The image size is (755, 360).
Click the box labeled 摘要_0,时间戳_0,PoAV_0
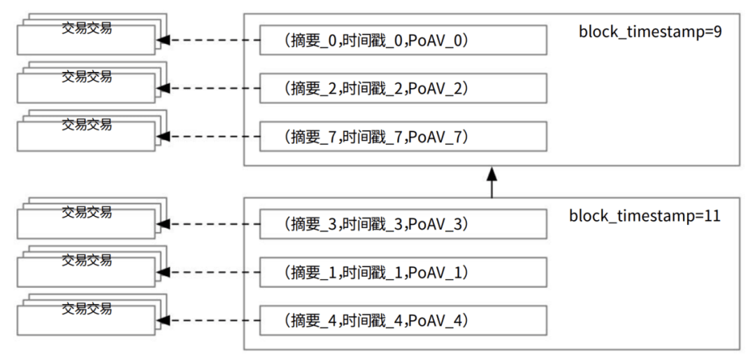pos(403,40)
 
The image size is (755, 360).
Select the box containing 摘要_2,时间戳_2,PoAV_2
pos(403,88)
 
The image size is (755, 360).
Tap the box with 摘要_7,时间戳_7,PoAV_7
pos(403,136)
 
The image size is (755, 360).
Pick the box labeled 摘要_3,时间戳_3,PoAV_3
pos(403,224)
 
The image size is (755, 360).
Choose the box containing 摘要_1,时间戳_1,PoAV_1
pos(403,272)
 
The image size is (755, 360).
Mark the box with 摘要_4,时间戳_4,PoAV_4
pos(403,320)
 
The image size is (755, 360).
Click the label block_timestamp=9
pos(650,33)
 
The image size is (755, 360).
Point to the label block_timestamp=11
pos(645,215)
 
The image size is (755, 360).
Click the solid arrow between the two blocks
pos(491,182)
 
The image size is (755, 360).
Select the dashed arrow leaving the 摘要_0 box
pos(209,40)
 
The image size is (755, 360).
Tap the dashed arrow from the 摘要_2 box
pos(209,88)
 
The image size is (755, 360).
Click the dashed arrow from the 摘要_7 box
pos(209,136)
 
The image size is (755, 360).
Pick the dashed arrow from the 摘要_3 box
pos(209,224)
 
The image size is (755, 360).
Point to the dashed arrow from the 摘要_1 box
pos(209,272)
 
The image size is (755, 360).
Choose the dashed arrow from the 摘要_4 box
pos(209,320)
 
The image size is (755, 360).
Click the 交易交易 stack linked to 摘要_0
pos(92,34)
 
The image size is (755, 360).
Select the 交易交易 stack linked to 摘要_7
pos(92,131)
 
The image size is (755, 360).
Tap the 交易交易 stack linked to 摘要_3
pos(92,218)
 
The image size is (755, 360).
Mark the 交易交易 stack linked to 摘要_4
pos(92,315)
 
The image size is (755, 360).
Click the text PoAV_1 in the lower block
pos(436,273)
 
